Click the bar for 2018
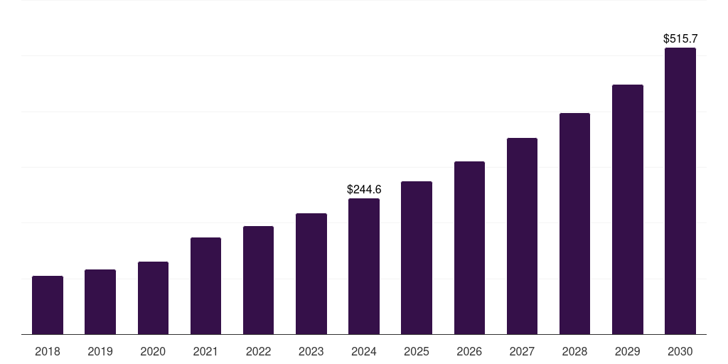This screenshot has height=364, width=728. (48, 305)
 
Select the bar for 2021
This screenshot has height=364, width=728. (205, 286)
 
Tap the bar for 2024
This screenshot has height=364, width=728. (364, 267)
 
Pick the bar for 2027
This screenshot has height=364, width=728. (522, 236)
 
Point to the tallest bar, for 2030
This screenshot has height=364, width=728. (680, 191)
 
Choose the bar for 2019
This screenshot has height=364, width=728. (100, 302)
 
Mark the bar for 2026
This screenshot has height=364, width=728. (469, 248)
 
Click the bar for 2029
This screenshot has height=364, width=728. (628, 210)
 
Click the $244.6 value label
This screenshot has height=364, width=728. (364, 189)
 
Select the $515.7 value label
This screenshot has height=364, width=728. (680, 38)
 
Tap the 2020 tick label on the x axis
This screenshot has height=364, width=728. (153, 351)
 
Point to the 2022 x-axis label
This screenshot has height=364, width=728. (258, 351)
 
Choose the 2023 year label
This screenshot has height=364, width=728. (311, 351)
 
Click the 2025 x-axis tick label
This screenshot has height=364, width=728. (417, 351)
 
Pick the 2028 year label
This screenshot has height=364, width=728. (574, 351)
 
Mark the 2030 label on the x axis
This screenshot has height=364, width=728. (680, 351)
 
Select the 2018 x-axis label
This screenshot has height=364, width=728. (48, 351)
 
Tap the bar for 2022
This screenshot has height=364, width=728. (258, 280)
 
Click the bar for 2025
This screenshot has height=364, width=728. (417, 258)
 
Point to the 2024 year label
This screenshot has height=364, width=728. (364, 351)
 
